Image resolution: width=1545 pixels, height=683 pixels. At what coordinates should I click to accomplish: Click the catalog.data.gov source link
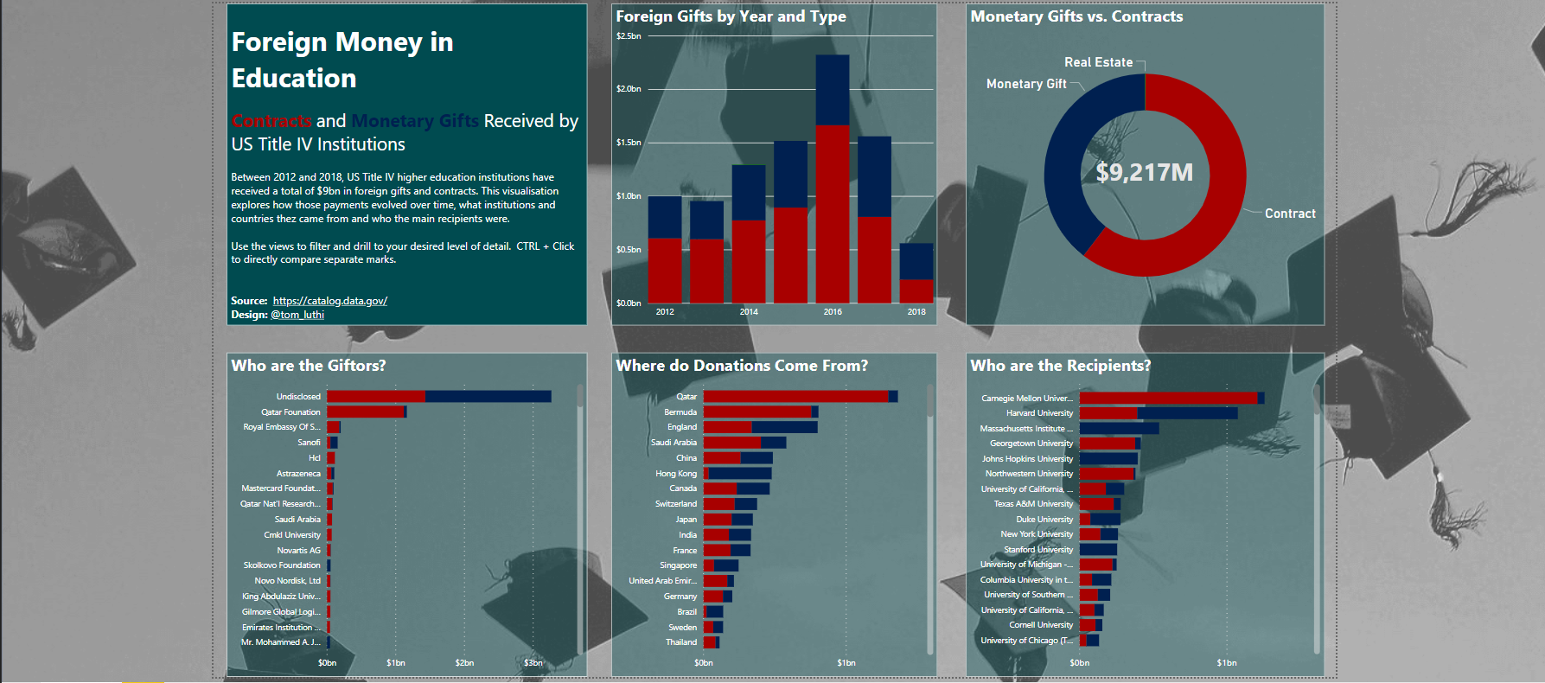coord(329,301)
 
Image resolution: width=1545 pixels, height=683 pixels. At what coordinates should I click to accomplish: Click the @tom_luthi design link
coord(297,315)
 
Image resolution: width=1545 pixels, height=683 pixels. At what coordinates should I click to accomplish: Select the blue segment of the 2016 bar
coord(833,91)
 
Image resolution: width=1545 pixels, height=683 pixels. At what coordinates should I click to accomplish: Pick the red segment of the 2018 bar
coord(916,291)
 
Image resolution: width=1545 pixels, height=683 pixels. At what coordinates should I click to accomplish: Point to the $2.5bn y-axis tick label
coord(629,36)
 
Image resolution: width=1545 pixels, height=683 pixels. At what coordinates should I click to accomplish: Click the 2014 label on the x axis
coord(749,312)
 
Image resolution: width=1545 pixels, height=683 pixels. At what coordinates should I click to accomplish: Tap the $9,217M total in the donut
coord(1145,173)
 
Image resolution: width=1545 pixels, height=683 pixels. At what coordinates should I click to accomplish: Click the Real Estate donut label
coord(1098,62)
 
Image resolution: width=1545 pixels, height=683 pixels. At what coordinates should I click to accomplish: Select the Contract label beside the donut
coord(1290,214)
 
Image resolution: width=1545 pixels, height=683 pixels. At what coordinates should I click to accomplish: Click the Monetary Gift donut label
coord(1026,84)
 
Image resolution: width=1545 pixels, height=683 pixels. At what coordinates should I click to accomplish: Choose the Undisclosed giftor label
coord(298,397)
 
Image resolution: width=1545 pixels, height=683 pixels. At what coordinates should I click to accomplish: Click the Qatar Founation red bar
coord(366,412)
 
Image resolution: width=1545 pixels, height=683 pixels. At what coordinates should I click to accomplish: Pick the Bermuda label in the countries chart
coord(680,412)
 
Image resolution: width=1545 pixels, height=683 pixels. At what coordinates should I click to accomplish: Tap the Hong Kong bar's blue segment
coord(740,474)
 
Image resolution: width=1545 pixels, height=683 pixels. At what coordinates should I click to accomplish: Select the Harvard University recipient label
coord(1039,413)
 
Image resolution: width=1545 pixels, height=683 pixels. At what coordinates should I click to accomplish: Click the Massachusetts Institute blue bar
coord(1119,428)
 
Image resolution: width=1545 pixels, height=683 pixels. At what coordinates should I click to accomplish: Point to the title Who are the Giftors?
coord(309,366)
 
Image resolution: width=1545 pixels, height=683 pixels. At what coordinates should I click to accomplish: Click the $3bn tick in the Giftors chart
coord(533,663)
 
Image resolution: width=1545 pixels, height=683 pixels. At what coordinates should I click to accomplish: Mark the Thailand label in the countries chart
coord(681,642)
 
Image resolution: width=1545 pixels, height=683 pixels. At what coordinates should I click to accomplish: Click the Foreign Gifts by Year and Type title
coord(731,16)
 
